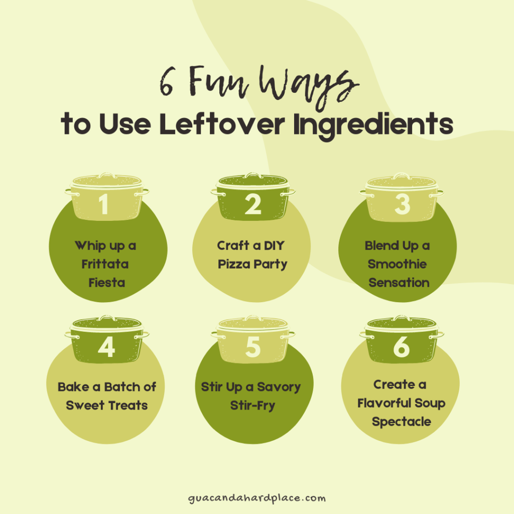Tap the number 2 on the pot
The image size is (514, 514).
[x=253, y=204]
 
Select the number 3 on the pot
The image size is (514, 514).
[x=402, y=204]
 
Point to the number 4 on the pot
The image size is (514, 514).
[x=106, y=347]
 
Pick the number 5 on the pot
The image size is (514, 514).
[x=253, y=347]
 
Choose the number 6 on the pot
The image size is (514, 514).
[x=402, y=347]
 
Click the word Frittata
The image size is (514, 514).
[x=105, y=264]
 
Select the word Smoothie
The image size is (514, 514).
[x=397, y=264]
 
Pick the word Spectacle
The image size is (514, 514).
[x=401, y=422]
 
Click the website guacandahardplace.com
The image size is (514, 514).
[x=256, y=498]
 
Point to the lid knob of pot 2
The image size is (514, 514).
[x=253, y=176]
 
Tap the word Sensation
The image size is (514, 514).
[x=399, y=282]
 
